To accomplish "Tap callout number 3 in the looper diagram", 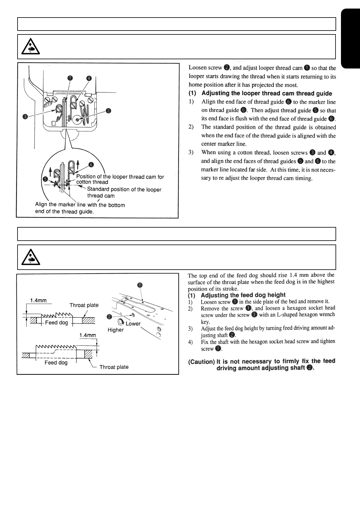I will (x=26, y=116).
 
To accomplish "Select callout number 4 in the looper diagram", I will (x=89, y=78).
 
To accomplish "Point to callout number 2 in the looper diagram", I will (x=109, y=111).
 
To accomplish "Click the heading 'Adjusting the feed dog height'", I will (x=243, y=295).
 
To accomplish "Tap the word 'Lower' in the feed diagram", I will (x=133, y=324).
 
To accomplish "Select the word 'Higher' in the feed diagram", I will (x=115, y=330).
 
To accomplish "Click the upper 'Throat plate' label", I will (x=84, y=305).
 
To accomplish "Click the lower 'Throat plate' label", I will (x=114, y=367).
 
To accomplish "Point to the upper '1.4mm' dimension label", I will (x=38, y=300).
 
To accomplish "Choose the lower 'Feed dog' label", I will (x=56, y=362).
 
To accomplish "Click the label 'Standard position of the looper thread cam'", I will (x=124, y=193).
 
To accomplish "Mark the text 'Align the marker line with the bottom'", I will (x=80, y=205).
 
